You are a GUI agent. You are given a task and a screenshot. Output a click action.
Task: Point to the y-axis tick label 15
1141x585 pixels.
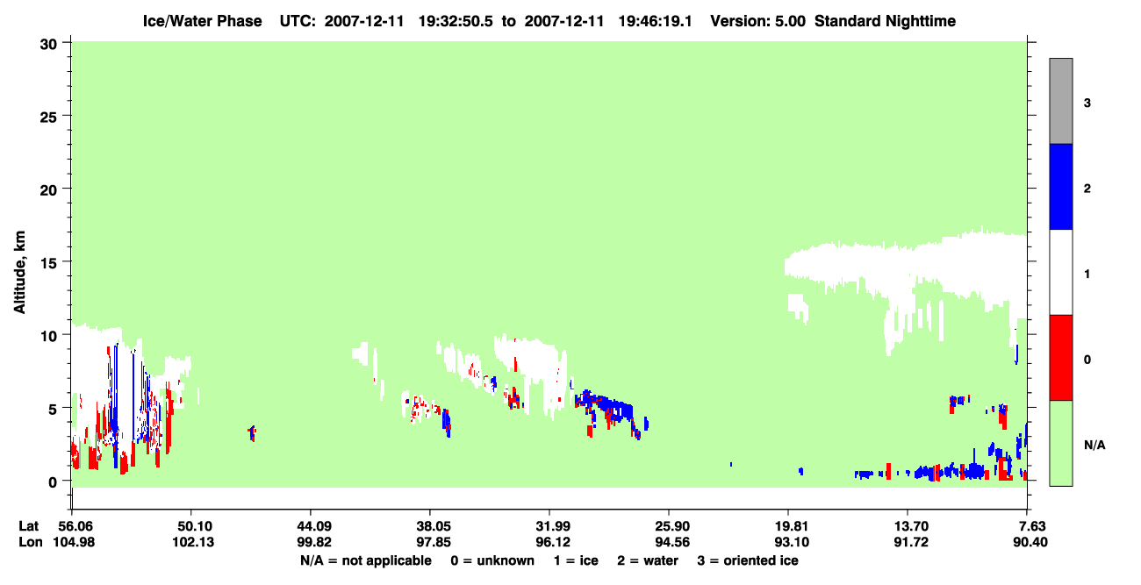point(48,263)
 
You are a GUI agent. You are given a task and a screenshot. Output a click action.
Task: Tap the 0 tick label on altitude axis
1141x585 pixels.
point(53,482)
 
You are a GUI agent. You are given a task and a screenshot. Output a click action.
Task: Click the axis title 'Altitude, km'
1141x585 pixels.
point(19,273)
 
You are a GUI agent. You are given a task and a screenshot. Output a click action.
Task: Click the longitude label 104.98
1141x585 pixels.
point(74,542)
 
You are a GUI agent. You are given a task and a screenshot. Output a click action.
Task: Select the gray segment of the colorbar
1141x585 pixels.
point(1061,101)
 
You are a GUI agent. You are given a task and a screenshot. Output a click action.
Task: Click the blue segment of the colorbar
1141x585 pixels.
point(1061,186)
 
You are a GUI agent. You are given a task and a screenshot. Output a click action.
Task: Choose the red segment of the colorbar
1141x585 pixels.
point(1061,358)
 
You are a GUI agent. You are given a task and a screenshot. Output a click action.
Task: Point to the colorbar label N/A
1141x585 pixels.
point(1094,445)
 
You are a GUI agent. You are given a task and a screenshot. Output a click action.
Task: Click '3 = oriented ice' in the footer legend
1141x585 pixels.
point(748,560)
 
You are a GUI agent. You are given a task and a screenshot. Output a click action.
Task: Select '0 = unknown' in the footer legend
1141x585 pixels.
point(492,560)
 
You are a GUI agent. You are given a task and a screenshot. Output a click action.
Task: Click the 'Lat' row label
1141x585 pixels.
point(28,526)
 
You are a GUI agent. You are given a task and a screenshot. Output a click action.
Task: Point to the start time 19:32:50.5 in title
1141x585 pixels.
point(456,21)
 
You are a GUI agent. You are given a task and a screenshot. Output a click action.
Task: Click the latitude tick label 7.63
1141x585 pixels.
point(1030,526)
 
